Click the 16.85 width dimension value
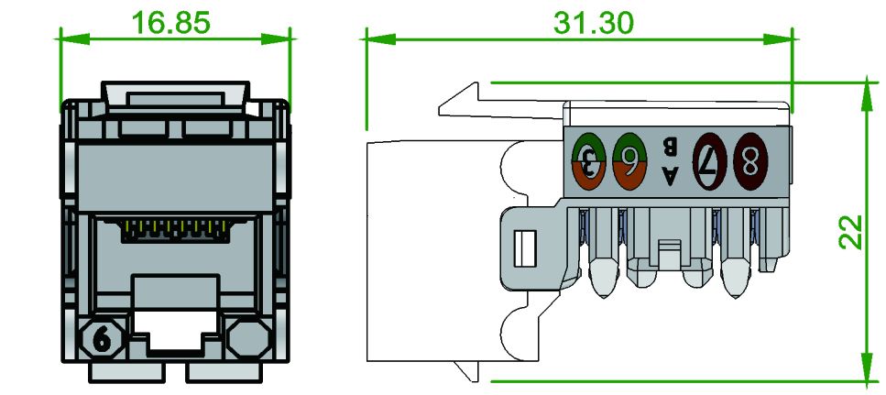pyautogui.click(x=171, y=23)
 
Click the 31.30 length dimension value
pyautogui.click(x=593, y=23)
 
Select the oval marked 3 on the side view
pyautogui.click(x=588, y=161)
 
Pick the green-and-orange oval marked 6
pyautogui.click(x=629, y=161)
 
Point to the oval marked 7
pyautogui.click(x=709, y=162)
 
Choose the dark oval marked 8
pyautogui.click(x=749, y=162)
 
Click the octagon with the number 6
pyautogui.click(x=103, y=339)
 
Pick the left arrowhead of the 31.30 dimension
pyautogui.click(x=374, y=38)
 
